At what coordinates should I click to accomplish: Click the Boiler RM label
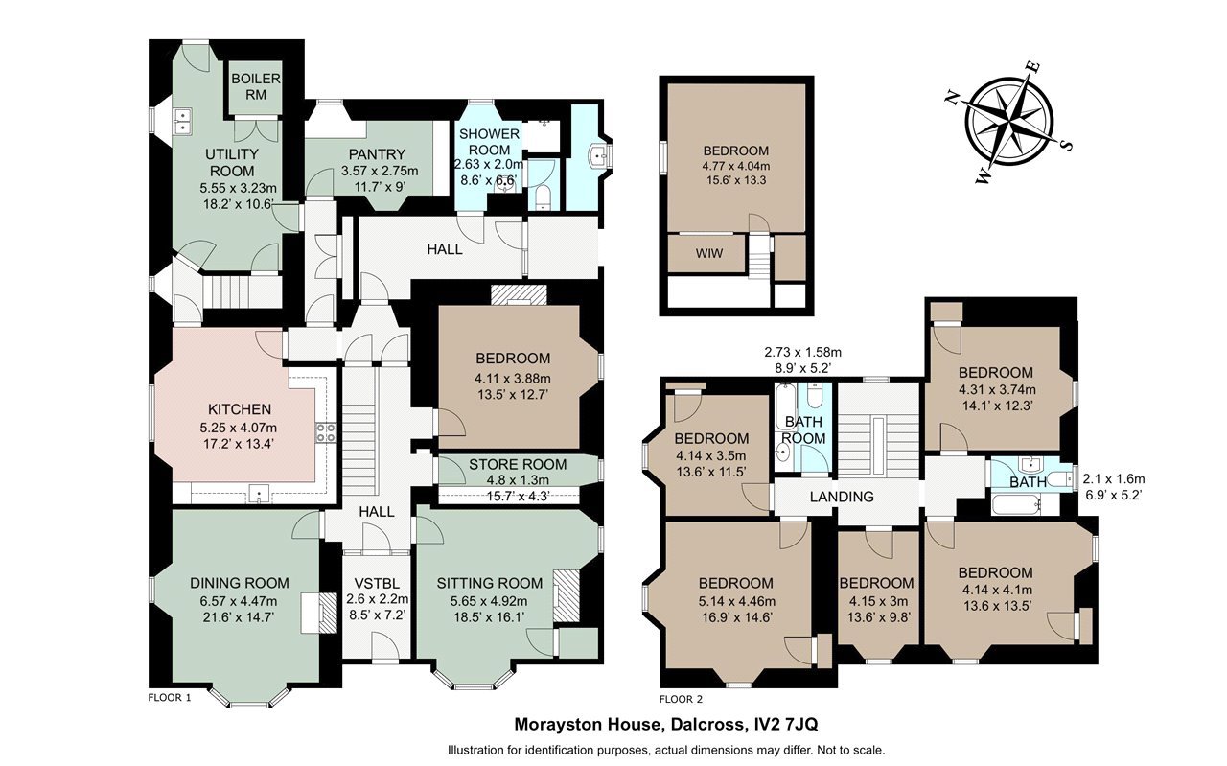tap(256, 86)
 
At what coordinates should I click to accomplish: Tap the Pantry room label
tap(377, 154)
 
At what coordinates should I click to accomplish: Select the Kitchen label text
tap(240, 409)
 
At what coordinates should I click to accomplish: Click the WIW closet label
tap(708, 253)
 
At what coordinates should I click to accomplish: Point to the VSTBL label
tap(377, 584)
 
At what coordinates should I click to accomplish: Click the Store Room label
tap(518, 465)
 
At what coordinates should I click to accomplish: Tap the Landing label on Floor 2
tap(842, 497)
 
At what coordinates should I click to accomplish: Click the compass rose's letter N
tap(953, 98)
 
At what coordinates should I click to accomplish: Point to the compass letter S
tap(1066, 145)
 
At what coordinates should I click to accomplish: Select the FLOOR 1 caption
tap(170, 698)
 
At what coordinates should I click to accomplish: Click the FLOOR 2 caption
tap(681, 699)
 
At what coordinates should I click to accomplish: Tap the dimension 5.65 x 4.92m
tap(489, 601)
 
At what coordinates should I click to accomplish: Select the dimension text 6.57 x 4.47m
tap(239, 601)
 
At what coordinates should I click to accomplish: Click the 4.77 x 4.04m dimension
tap(736, 166)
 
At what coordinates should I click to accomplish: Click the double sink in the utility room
tap(182, 121)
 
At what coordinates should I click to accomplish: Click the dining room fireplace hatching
tap(328, 613)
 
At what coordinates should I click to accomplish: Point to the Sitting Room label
tap(489, 583)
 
